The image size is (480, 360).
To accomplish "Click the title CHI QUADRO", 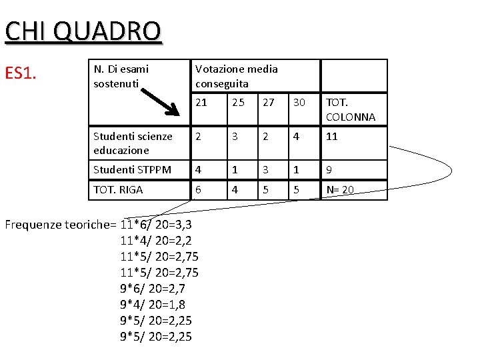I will coord(83,31).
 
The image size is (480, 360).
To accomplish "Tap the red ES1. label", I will coord(20,73).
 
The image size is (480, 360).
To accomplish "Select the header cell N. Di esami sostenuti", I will coord(121,76).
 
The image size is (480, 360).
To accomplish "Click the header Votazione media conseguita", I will coord(236,76).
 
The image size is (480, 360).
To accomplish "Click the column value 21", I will coord(201,103).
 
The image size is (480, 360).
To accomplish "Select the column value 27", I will coord(269,103).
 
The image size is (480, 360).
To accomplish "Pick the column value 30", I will coord(299,103).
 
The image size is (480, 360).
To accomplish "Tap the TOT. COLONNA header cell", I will coord(351,110).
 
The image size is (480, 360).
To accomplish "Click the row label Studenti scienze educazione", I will coord(133,143).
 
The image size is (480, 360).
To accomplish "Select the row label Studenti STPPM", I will coord(133,169).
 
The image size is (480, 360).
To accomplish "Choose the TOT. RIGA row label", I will coord(118,189).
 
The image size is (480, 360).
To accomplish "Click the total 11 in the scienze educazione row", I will coord(332,136).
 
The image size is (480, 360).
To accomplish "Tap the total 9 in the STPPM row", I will coord(329,169).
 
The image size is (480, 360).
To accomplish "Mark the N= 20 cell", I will coord(340,189).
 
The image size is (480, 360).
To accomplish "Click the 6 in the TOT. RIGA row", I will coord(199,189).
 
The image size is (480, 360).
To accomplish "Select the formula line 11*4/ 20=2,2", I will coord(155,240).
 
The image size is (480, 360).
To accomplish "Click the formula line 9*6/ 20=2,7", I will coord(152,288).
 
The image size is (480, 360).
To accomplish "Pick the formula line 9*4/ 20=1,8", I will coord(152,304).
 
